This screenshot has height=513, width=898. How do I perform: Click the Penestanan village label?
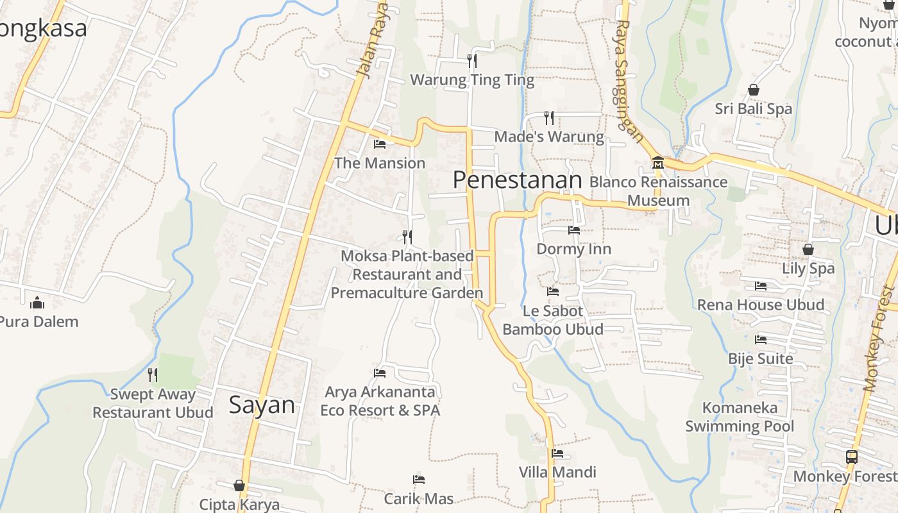[517, 180]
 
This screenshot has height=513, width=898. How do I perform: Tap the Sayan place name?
[262, 405]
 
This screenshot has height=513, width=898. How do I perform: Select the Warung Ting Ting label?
[471, 80]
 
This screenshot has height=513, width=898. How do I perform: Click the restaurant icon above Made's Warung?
[549, 117]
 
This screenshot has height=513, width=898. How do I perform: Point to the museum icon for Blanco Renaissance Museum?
[657, 163]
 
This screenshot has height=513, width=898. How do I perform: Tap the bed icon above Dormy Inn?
[573, 230]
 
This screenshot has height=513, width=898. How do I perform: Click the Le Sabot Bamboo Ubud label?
[552, 320]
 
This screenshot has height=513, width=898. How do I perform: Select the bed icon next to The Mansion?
[380, 144]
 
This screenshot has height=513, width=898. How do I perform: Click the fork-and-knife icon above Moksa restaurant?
[407, 237]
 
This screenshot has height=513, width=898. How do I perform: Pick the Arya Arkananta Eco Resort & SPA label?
[380, 401]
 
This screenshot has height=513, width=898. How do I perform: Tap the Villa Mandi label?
[557, 473]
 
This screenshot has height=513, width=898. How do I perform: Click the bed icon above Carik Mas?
[419, 479]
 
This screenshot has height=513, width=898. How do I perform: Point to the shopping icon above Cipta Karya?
[239, 485]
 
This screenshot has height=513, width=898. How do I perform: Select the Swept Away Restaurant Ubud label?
[153, 403]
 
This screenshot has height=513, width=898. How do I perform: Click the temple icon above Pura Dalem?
[37, 302]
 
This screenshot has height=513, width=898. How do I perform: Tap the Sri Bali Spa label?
[754, 109]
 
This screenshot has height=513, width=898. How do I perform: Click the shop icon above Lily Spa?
[808, 249]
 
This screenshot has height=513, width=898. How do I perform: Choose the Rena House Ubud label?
[761, 305]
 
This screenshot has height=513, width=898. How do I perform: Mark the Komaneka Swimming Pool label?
[740, 417]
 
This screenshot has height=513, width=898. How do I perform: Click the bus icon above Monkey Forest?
[852, 457]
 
